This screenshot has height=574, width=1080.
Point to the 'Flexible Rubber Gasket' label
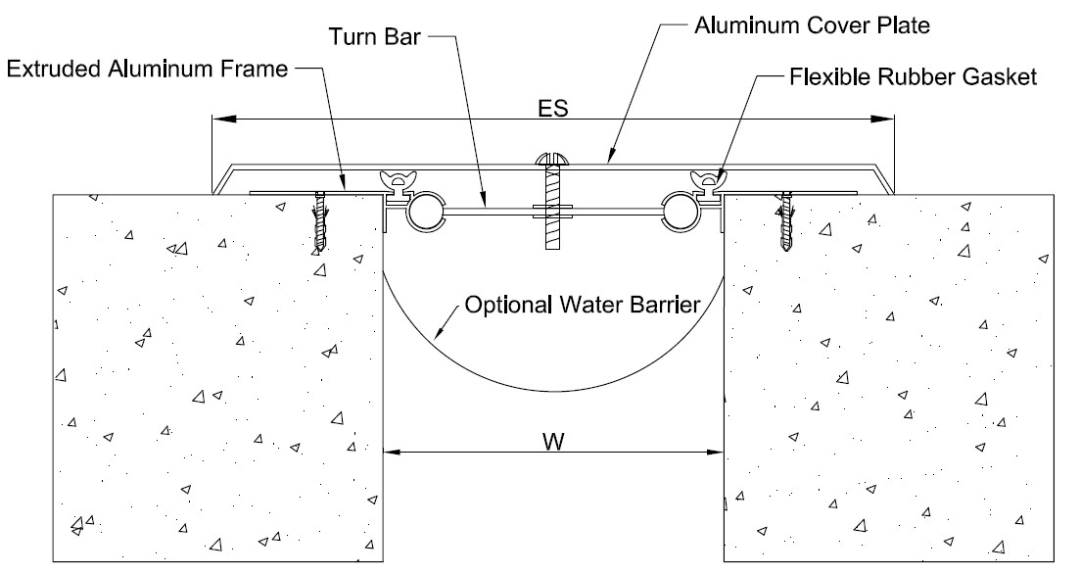click(912, 75)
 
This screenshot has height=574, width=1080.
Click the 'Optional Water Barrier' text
click(582, 305)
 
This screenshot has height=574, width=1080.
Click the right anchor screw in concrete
click(786, 223)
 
